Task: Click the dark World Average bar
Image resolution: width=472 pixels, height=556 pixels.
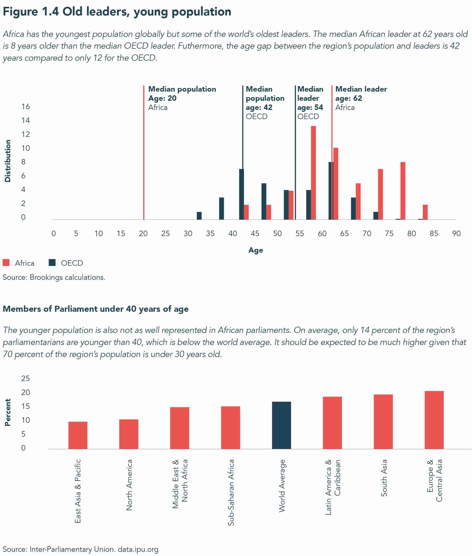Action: (x=281, y=425)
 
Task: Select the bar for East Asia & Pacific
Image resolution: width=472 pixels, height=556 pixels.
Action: (x=78, y=435)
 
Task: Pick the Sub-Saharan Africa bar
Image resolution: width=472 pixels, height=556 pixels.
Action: (x=230, y=427)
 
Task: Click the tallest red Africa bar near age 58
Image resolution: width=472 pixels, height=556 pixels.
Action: (x=313, y=173)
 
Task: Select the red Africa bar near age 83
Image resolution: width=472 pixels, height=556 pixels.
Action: (x=425, y=212)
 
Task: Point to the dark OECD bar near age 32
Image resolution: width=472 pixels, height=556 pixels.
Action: (x=199, y=216)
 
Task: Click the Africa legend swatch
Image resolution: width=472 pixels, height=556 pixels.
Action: (x=6, y=263)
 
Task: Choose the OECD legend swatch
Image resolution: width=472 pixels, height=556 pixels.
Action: (x=52, y=263)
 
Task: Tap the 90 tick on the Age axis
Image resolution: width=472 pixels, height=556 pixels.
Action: (x=456, y=233)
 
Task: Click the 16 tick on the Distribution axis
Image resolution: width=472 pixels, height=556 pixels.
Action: (x=26, y=107)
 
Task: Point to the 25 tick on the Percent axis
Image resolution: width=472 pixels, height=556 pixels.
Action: (x=26, y=379)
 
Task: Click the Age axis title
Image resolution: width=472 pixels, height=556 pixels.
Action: (x=255, y=250)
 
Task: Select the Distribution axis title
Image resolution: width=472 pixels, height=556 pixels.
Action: (x=8, y=161)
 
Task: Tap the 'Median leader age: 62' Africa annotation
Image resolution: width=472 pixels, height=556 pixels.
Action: (x=361, y=98)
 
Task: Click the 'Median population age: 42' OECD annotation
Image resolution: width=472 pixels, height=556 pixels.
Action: (x=265, y=103)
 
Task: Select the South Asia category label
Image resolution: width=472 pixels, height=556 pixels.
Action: (x=384, y=478)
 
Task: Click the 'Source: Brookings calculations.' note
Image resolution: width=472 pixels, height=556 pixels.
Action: (x=54, y=277)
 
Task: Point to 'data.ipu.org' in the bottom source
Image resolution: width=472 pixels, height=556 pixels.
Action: (x=138, y=549)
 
